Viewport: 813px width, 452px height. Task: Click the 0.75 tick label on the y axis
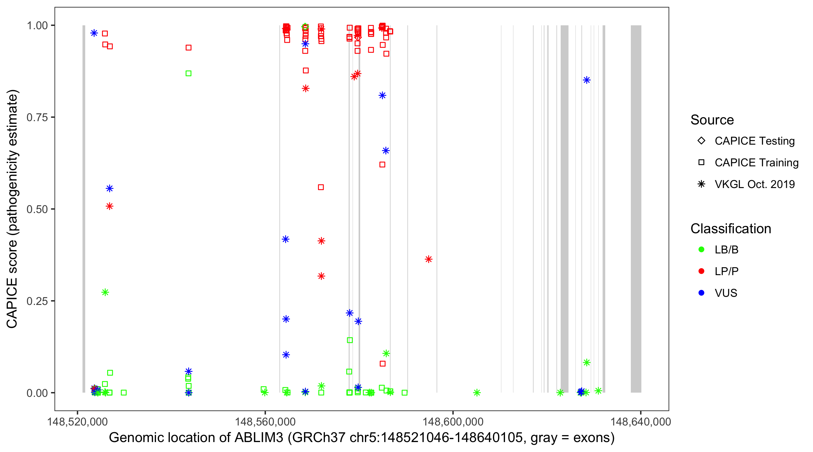[37, 117]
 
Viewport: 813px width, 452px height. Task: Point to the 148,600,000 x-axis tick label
[453, 421]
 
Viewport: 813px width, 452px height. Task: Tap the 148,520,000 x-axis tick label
[77, 421]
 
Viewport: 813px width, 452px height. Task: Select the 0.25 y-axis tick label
[37, 301]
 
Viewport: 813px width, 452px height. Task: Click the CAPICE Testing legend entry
[754, 141]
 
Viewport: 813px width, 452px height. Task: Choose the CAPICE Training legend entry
[756, 163]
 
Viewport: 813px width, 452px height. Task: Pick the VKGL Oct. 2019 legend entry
[754, 184]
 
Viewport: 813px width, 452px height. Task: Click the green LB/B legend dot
[701, 250]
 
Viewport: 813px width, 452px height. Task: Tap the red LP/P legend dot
[701, 271]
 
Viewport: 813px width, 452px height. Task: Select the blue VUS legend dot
[701, 293]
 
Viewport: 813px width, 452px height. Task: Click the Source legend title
[712, 120]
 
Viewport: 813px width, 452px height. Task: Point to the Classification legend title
[730, 229]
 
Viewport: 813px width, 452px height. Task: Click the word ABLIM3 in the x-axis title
[259, 438]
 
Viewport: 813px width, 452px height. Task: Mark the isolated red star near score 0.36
[428, 259]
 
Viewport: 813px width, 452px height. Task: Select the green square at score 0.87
[188, 73]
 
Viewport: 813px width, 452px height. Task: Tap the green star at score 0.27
[105, 292]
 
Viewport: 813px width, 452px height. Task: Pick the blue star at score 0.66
[386, 151]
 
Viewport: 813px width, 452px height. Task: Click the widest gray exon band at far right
[636, 209]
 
